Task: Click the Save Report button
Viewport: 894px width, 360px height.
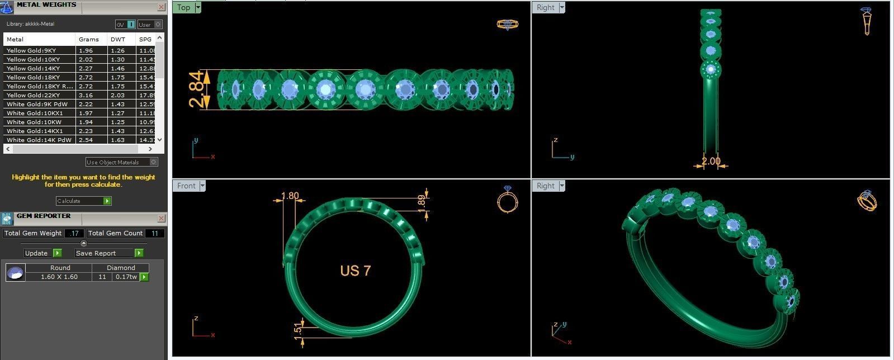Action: coord(108,253)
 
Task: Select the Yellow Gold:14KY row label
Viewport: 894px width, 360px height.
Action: coord(33,68)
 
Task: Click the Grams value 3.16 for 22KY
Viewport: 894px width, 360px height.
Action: coord(86,95)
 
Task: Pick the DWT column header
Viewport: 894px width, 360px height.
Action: coord(118,39)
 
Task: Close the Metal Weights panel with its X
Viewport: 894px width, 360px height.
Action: coord(161,7)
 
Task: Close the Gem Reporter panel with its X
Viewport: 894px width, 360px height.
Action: coord(161,218)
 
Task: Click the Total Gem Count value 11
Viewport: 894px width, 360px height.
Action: coord(154,233)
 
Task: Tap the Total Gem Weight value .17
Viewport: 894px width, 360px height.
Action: coord(74,233)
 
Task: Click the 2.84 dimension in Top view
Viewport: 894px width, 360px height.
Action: coord(196,89)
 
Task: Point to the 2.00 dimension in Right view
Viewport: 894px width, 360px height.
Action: coord(711,161)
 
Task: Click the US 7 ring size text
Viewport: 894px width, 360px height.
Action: coord(355,271)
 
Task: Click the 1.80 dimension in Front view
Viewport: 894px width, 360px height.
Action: coord(290,196)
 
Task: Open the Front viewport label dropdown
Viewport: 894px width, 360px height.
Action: coord(202,186)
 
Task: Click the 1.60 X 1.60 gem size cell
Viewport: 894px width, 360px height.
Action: coord(59,277)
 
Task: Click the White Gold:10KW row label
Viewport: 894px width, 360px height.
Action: coord(34,122)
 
